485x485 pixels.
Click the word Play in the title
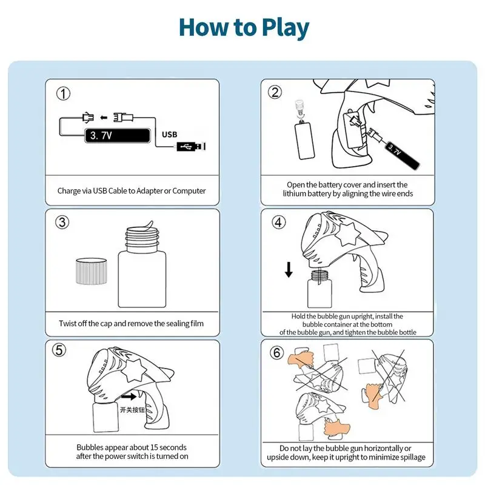coord(285,28)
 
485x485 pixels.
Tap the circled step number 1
coord(63,93)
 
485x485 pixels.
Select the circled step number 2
coord(275,92)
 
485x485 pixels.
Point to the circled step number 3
coord(62,222)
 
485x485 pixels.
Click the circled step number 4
coord(278,222)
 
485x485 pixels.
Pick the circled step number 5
coord(59,350)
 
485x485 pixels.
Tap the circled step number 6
coord(276,352)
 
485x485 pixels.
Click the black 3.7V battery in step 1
coord(118,135)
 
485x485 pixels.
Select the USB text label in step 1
coord(170,135)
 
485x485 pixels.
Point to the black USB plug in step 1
coord(191,147)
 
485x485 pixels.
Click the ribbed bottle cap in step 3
coord(92,271)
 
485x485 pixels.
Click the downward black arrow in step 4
coord(289,269)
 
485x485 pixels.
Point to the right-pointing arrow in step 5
coord(129,396)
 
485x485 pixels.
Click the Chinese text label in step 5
coord(132,410)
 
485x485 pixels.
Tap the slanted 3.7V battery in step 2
coord(402,155)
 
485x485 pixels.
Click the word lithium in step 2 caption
coord(294,193)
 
